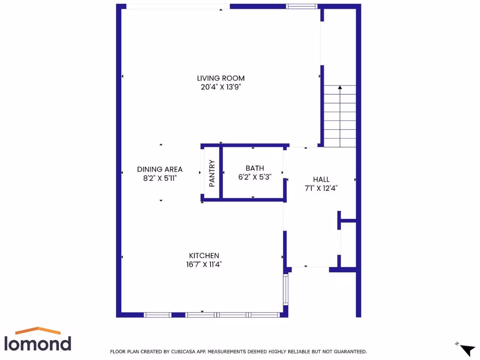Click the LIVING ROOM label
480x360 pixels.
tap(221, 78)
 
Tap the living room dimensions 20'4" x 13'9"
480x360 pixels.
tap(221, 87)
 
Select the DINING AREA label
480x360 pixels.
tap(160, 169)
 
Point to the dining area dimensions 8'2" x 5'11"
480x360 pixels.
tap(160, 178)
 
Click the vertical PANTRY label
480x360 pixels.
tap(212, 173)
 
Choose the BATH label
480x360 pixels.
tap(255, 168)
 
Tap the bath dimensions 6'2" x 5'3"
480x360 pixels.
tap(255, 177)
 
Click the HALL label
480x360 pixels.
tap(321, 180)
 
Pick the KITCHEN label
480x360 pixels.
tap(204, 255)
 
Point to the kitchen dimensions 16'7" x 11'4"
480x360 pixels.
tap(204, 264)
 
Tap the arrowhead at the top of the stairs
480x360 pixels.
tap(340, 87)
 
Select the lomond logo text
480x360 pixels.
tap(38, 343)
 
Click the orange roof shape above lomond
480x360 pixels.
tap(38, 330)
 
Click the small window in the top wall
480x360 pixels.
tap(302, 7)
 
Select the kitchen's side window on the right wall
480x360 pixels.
tap(285, 290)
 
